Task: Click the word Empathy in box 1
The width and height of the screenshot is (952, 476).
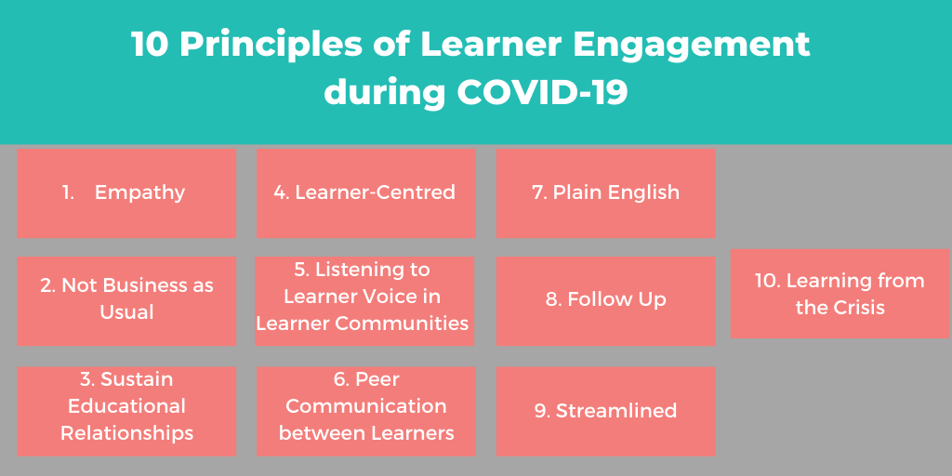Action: [x=139, y=192]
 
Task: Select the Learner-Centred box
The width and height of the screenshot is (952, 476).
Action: [x=365, y=193]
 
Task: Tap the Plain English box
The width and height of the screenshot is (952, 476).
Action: [x=605, y=193]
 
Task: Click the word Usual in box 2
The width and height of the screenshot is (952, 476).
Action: [x=126, y=312]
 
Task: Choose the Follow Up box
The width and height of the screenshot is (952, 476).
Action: [x=605, y=301]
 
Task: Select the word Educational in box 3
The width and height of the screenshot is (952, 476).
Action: [x=126, y=405]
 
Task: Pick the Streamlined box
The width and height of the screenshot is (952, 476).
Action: [x=605, y=411]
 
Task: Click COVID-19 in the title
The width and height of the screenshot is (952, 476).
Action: [x=542, y=93]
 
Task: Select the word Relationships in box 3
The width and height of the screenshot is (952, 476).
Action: [x=126, y=433]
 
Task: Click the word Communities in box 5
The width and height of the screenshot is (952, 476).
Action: [x=402, y=323]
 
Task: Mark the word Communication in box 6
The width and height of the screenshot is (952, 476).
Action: [x=366, y=405]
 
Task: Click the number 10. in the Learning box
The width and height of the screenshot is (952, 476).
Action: [x=767, y=281]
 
